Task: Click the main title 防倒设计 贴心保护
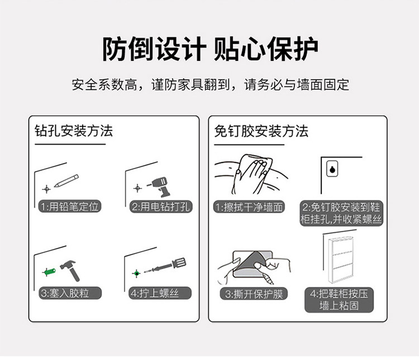(x=210, y=49)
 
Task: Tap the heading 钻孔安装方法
(x=74, y=131)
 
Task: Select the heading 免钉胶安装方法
(x=261, y=131)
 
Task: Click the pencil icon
(x=66, y=181)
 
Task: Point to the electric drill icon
(x=160, y=186)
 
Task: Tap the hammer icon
(x=70, y=270)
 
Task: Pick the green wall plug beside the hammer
(x=49, y=272)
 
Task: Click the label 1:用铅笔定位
(x=70, y=207)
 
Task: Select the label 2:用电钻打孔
(x=161, y=207)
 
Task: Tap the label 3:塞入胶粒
(x=70, y=293)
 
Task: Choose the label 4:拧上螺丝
(x=160, y=293)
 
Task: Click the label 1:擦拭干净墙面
(x=249, y=207)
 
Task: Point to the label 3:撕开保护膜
(x=254, y=294)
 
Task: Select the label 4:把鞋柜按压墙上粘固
(x=339, y=300)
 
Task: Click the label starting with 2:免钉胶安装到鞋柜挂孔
(x=341, y=213)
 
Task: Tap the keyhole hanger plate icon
(x=332, y=169)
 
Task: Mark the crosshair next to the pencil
(x=46, y=189)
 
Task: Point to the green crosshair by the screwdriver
(x=136, y=273)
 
